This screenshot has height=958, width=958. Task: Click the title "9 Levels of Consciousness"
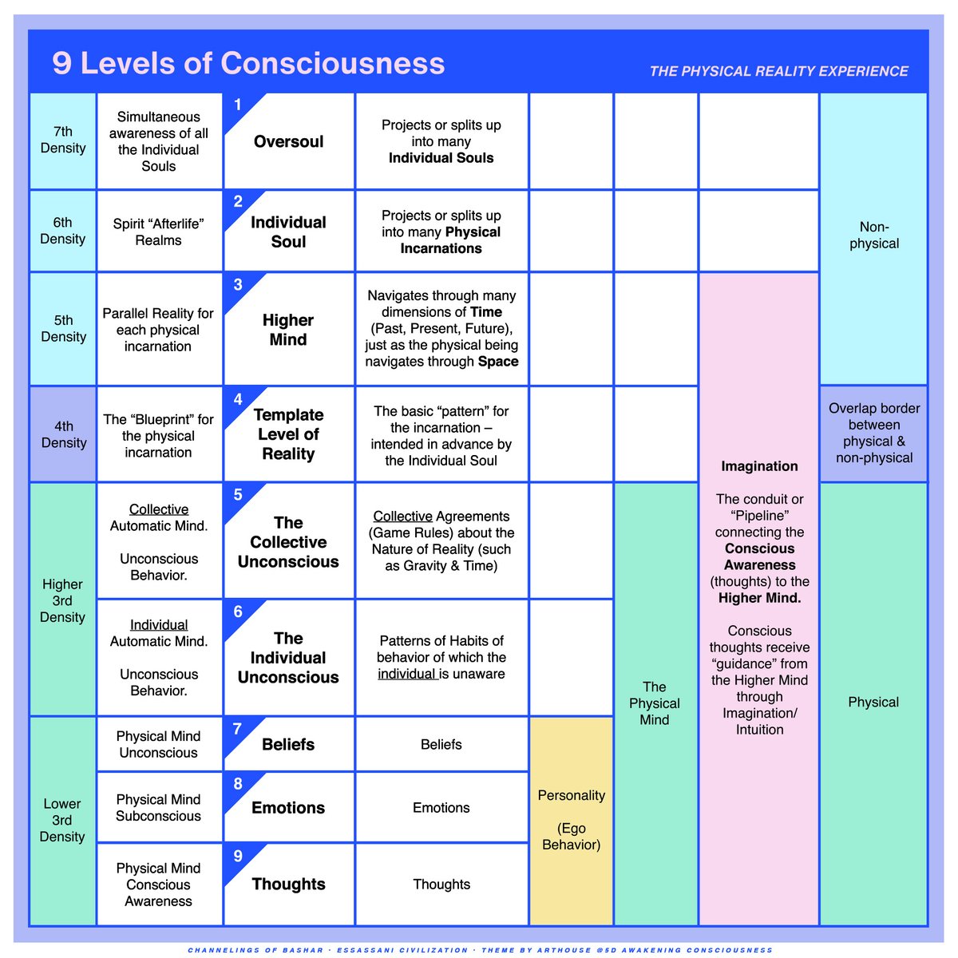[x=248, y=63]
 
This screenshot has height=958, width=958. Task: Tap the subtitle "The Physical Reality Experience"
[x=778, y=71]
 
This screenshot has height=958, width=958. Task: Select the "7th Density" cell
[x=63, y=141]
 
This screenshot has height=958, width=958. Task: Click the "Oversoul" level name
[x=289, y=142]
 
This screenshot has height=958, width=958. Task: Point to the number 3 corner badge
[x=238, y=285]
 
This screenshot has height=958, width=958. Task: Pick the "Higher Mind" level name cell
[x=288, y=330]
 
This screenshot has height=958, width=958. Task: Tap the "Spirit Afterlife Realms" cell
[x=158, y=232]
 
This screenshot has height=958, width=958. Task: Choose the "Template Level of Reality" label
[x=288, y=434]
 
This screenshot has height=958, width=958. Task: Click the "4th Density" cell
[x=63, y=434]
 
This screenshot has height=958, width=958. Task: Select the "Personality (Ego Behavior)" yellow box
[x=571, y=820]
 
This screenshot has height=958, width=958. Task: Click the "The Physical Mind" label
[x=655, y=703]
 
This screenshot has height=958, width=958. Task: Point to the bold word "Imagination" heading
[x=759, y=466]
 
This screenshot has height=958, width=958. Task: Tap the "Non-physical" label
[x=874, y=236]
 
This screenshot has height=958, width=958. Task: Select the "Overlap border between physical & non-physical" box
[x=874, y=433]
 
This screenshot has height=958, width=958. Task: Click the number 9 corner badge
[x=238, y=857]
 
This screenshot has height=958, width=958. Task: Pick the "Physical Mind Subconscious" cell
[x=158, y=808]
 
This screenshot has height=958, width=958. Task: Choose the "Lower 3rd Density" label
[x=62, y=820]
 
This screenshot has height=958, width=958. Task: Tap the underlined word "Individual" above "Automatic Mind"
[x=159, y=625]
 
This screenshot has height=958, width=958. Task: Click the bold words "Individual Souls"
[x=441, y=158]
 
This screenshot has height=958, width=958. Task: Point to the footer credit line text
[x=480, y=950]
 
